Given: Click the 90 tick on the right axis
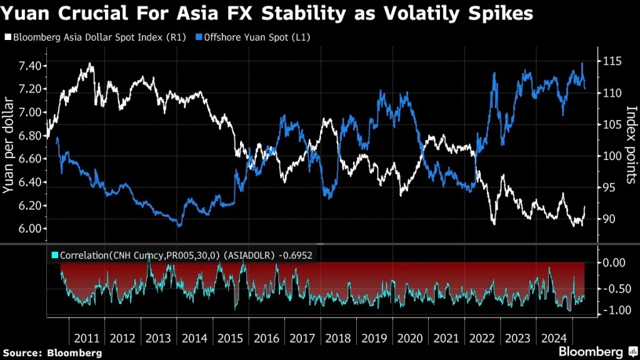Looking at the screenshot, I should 611,219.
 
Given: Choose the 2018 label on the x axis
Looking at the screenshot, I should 339,338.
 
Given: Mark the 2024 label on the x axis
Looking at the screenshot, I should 554,338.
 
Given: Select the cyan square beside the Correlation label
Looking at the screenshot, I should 54,254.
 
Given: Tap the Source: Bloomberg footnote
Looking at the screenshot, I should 52,352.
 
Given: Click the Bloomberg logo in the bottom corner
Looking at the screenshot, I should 597,351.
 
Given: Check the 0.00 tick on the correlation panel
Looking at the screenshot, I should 614,262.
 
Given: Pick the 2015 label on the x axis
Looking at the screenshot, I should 231,338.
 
